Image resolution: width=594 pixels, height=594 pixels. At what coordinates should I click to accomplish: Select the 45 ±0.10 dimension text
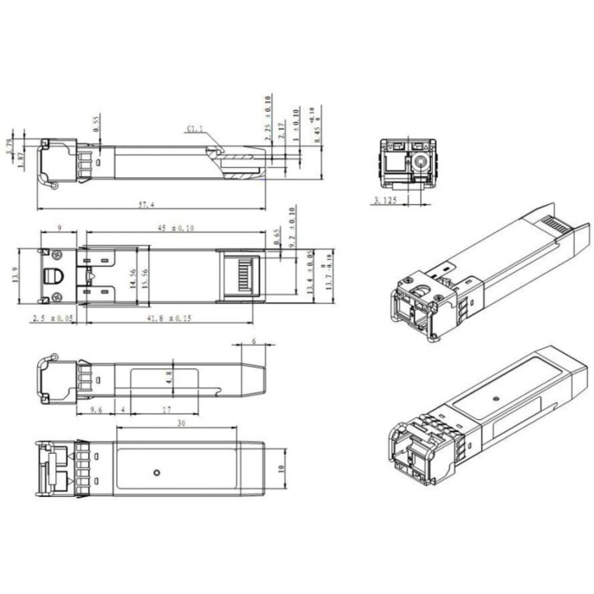(176, 229)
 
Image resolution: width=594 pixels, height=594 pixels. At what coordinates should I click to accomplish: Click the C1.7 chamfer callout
(195, 130)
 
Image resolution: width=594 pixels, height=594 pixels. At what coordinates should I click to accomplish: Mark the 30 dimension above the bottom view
(179, 423)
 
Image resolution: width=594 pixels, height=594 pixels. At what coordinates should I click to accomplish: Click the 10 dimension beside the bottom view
(280, 468)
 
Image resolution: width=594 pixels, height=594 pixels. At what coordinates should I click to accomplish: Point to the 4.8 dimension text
(170, 378)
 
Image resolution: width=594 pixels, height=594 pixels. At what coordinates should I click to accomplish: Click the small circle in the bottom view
(155, 472)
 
